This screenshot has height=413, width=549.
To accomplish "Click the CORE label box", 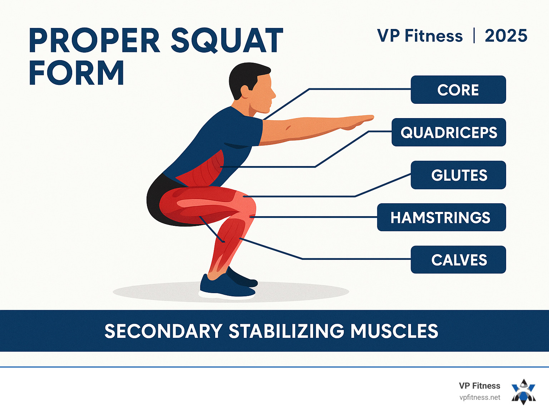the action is [x=458, y=90].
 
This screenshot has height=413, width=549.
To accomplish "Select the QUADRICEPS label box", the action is [x=449, y=132].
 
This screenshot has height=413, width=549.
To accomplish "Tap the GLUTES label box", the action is [x=458, y=175].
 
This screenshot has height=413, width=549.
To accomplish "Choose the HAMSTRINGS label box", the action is [x=441, y=217].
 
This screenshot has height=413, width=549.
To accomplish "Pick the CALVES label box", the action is [x=458, y=259].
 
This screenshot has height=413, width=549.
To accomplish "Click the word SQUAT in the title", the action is [x=227, y=40].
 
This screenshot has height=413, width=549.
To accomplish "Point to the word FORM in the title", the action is [x=76, y=73].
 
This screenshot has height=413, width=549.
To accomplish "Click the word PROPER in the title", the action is [x=94, y=40].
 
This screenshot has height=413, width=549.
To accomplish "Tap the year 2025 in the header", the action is [x=506, y=36].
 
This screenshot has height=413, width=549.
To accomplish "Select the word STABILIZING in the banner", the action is [x=287, y=331].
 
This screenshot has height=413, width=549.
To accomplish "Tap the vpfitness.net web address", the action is [x=480, y=398].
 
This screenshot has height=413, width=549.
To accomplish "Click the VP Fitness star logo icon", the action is [x=524, y=392].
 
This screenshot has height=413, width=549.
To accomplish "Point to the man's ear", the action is [x=246, y=92].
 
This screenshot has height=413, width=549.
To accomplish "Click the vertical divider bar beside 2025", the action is [x=474, y=35].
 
